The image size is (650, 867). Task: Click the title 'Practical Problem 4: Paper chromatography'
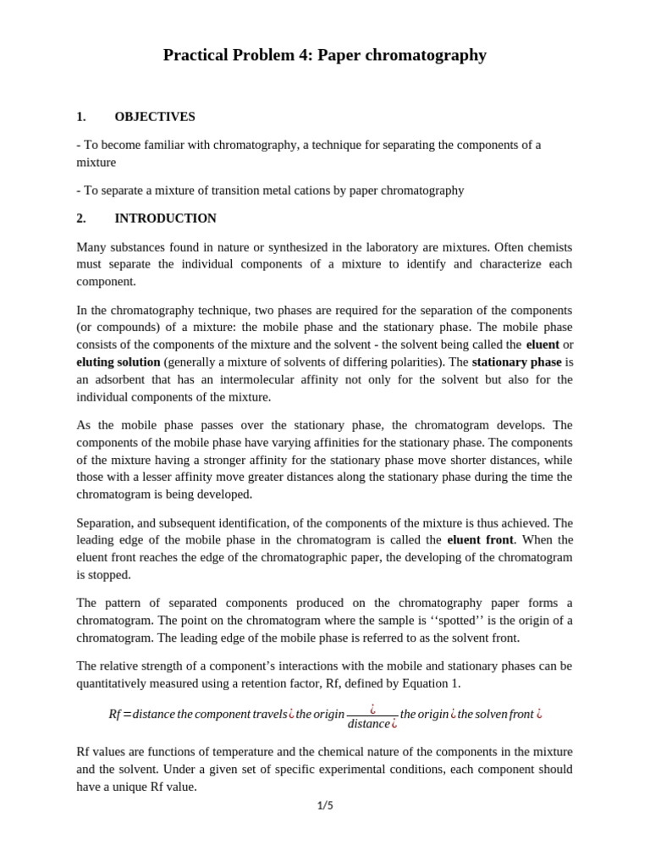pyautogui.click(x=324, y=55)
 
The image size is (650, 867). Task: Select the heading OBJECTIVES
pyautogui.click(x=155, y=117)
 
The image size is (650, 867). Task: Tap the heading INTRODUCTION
pyautogui.click(x=165, y=218)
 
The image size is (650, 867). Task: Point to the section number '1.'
pyautogui.click(x=81, y=117)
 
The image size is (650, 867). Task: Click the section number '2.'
pyautogui.click(x=81, y=218)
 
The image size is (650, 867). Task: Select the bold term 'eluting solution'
pyautogui.click(x=118, y=362)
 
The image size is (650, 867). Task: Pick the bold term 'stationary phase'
pyautogui.click(x=516, y=362)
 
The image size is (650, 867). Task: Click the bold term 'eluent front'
pyautogui.click(x=480, y=540)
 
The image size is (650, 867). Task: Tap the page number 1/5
pyautogui.click(x=325, y=805)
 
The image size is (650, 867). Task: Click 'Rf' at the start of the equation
pyautogui.click(x=114, y=714)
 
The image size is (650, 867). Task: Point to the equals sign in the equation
pyautogui.click(x=127, y=714)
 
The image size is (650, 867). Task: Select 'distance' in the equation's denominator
pyautogui.click(x=368, y=724)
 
